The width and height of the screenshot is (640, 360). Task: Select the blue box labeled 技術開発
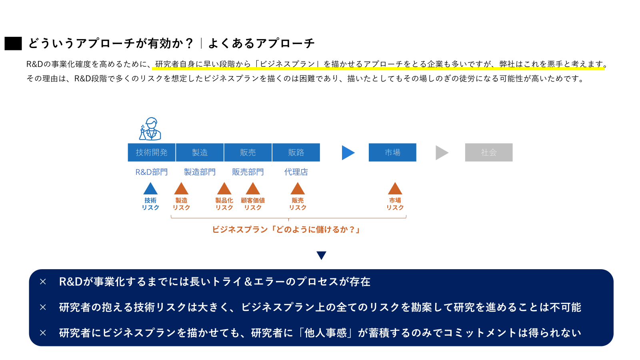click(152, 152)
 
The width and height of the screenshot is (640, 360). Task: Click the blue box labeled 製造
click(200, 152)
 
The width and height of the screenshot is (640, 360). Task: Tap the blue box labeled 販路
click(296, 152)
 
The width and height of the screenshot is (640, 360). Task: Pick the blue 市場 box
click(392, 152)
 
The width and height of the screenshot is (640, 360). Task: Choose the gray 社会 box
click(488, 152)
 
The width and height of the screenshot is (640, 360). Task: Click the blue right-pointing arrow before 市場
click(348, 152)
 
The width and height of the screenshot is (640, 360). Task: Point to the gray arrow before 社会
click(441, 152)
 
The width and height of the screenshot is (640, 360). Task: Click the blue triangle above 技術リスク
click(150, 189)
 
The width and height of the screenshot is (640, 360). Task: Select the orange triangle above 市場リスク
click(395, 189)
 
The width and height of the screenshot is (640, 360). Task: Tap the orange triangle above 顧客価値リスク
click(253, 189)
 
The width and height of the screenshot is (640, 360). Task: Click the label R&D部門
click(152, 172)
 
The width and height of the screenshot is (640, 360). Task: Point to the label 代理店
click(296, 172)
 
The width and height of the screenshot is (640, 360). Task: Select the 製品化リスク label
click(224, 204)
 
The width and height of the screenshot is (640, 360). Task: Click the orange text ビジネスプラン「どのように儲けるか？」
click(286, 230)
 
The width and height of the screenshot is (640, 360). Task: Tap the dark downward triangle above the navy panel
click(321, 255)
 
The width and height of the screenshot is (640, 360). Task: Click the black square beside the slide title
click(13, 44)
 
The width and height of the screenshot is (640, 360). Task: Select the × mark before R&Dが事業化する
click(43, 282)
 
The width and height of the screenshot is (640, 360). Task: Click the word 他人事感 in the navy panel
click(326, 333)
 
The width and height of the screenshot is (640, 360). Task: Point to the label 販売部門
click(248, 172)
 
